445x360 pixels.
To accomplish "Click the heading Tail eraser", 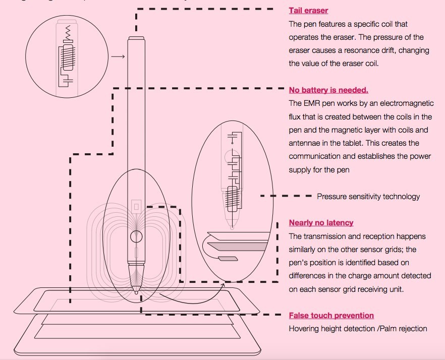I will click(x=308, y=10).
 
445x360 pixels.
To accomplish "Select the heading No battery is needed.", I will click(x=328, y=90).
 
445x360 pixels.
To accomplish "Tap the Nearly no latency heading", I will click(x=321, y=223).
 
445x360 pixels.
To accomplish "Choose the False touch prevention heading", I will click(x=331, y=316).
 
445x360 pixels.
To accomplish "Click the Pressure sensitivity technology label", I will click(x=368, y=197).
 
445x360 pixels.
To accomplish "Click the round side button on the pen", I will click(x=136, y=236).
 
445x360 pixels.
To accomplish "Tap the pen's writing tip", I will click(x=136, y=291).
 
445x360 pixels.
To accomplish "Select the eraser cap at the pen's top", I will click(x=136, y=38).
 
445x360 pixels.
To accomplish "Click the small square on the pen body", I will click(x=135, y=206).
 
